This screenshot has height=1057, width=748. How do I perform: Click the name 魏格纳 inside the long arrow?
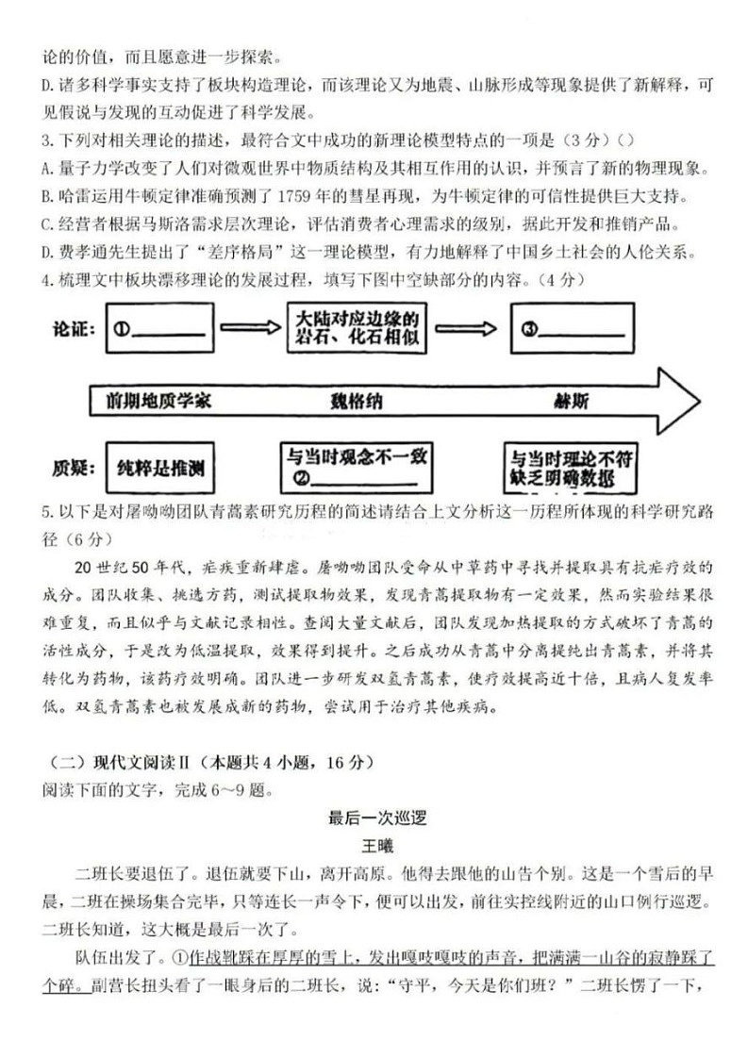(357, 400)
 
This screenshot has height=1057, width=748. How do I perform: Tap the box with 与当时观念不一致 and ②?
(358, 467)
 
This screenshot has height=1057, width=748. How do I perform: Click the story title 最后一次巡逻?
(374, 818)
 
